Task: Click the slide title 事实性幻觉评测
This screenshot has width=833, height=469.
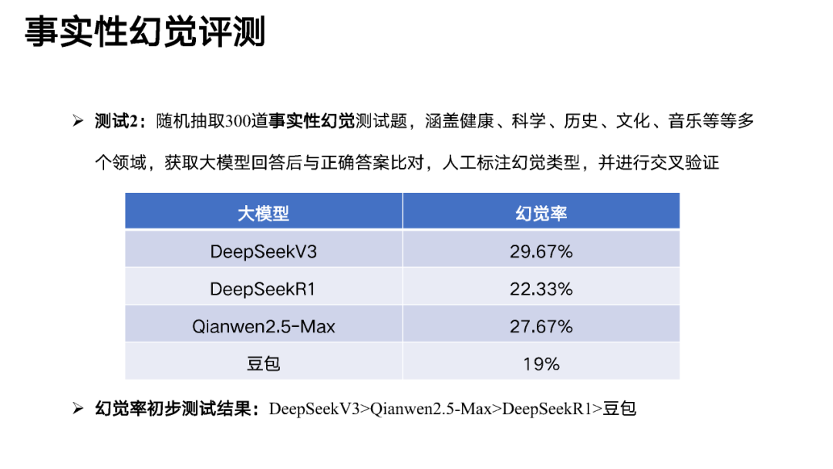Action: coord(145,32)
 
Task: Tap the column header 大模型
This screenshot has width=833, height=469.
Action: coord(263,213)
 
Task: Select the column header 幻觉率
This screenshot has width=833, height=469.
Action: coord(541,213)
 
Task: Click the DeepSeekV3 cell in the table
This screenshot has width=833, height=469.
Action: coord(263,251)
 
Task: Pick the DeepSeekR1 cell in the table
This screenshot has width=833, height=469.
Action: coord(263,289)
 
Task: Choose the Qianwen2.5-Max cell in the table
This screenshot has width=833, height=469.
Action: coord(263,326)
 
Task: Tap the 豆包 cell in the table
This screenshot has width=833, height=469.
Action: coord(263,363)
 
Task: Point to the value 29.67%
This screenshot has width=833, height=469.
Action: coord(541,251)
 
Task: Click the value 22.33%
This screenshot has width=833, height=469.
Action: coord(541,289)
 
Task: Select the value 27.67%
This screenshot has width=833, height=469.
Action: coord(541,326)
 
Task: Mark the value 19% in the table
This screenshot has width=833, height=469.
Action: coord(541,363)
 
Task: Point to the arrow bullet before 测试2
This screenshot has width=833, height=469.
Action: coord(77,121)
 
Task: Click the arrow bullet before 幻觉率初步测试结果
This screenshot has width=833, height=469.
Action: coord(77,409)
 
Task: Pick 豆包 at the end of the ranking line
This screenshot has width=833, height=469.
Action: coord(619,409)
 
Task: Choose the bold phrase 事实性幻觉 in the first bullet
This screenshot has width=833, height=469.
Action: coord(312,121)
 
